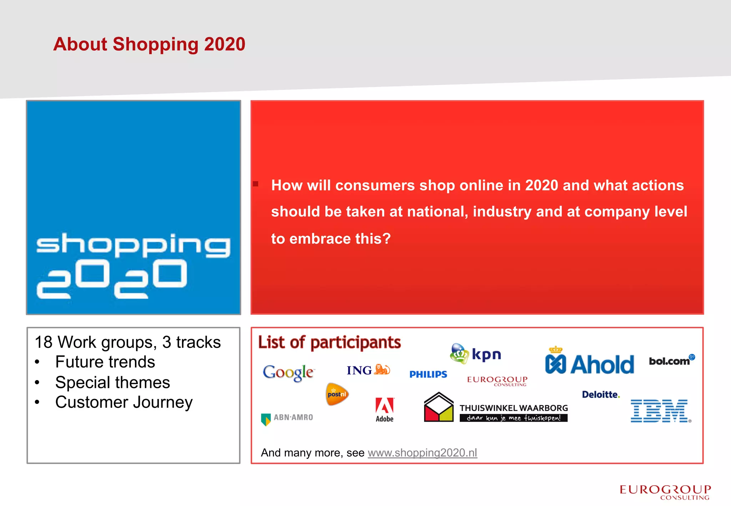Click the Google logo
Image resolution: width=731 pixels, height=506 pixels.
coord(288,372)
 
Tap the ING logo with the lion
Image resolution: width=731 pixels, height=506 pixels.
coord(368,370)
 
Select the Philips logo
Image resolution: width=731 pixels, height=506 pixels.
coord(428,374)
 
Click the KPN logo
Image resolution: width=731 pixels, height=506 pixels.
coord(476,354)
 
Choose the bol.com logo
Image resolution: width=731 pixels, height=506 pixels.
coord(671,360)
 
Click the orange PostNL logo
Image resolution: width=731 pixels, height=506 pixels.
coord(337,394)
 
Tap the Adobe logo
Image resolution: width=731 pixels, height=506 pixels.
coord(384,410)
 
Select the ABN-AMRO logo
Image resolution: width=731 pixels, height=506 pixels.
coord(287,418)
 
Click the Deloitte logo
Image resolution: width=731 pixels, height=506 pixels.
coord(601,395)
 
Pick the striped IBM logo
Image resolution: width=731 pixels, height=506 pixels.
coord(660,411)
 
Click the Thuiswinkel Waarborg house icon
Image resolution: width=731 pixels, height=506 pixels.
coord(439,408)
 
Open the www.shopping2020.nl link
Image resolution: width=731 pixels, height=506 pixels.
coord(422,452)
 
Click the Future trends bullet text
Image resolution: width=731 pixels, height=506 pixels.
coord(105,362)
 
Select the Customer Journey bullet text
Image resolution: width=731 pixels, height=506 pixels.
coord(124,402)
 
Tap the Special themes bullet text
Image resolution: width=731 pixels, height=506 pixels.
coord(112,382)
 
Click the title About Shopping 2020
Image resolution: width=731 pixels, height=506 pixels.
coord(149,44)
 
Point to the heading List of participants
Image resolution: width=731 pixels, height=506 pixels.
coord(329,342)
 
